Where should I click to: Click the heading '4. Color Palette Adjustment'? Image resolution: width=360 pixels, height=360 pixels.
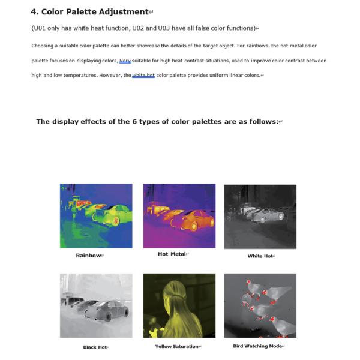(90, 12)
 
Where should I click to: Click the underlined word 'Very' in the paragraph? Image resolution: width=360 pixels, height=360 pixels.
(125, 61)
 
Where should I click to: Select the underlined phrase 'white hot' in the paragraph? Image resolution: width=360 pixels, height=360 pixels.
(143, 76)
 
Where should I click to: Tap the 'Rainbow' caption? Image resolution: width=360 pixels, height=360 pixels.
(88, 256)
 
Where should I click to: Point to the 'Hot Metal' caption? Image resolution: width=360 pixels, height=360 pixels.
(172, 254)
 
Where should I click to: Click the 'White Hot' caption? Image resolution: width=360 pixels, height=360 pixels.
(260, 256)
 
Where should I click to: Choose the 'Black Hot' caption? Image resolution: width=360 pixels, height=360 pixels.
(95, 347)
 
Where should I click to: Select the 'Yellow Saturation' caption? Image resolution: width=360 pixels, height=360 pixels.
(176, 346)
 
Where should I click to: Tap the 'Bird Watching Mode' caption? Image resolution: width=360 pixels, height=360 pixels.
(257, 346)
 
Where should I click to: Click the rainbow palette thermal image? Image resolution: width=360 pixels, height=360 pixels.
(96, 216)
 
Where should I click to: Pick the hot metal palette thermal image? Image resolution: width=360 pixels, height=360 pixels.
(179, 216)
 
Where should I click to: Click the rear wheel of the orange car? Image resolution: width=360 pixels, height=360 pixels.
(194, 226)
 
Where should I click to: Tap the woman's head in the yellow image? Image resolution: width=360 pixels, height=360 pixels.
(173, 291)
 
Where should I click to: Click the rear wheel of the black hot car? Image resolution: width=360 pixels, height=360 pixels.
(108, 317)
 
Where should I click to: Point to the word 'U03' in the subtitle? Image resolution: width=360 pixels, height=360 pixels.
(164, 28)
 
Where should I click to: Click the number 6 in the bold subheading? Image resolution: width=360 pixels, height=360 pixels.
(134, 121)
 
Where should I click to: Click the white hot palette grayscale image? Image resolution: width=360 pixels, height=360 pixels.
(260, 217)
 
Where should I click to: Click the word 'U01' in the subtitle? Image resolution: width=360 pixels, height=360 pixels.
(40, 28)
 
